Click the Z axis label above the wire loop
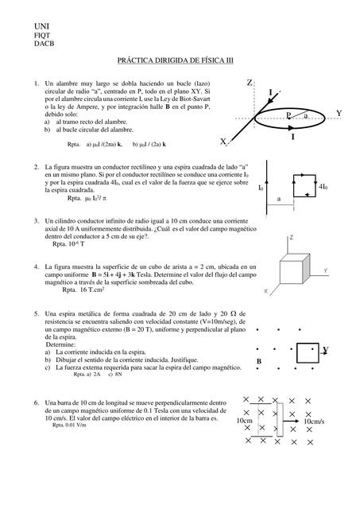(250, 84)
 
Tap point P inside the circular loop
(288, 116)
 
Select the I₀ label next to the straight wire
(261, 188)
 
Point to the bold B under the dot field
(259, 362)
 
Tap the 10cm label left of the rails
(246, 421)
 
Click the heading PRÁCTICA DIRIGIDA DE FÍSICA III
(179, 60)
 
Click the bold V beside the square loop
(326, 350)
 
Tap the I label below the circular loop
(292, 138)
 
